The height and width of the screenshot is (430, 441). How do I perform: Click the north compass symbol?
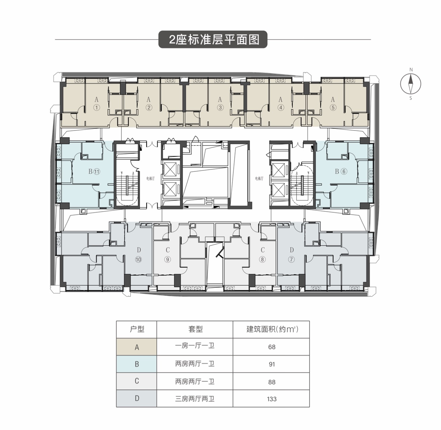(410, 84)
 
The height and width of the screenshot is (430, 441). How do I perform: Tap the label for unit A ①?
(97, 104)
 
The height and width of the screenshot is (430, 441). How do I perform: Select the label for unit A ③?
(220, 104)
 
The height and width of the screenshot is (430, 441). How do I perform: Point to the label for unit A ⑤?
(333, 104)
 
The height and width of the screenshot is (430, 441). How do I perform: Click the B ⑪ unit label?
(94, 171)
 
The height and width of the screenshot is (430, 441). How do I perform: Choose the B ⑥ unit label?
(340, 171)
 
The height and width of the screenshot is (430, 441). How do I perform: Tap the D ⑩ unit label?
(138, 255)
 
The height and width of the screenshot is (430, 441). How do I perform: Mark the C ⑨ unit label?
(168, 255)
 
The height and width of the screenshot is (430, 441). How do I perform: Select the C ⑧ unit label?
(263, 255)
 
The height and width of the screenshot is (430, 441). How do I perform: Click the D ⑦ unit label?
(291, 255)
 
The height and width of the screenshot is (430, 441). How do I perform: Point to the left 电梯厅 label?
(150, 179)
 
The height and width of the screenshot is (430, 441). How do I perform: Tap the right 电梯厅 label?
(259, 179)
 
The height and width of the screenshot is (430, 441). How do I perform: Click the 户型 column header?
(136, 329)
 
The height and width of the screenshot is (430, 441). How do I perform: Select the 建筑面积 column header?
(271, 329)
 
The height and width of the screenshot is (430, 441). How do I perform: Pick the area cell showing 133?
(272, 399)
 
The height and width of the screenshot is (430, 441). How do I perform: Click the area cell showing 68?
(272, 347)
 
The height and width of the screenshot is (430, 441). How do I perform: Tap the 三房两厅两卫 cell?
(195, 399)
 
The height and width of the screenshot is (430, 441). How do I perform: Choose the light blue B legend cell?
(136, 364)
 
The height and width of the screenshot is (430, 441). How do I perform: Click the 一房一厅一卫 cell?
(195, 346)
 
